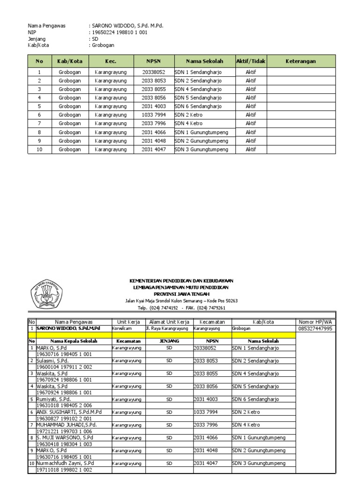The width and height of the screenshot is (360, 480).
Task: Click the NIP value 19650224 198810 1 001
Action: pyautogui.click(x=118, y=32)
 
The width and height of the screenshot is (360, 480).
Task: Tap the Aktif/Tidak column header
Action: pyautogui.click(x=251, y=61)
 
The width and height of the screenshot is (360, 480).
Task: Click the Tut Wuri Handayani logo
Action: pyautogui.click(x=47, y=294)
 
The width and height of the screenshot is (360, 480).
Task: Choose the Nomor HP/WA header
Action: pyautogui.click(x=315, y=322)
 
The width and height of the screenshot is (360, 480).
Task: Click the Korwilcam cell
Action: pyautogui.click(x=122, y=329)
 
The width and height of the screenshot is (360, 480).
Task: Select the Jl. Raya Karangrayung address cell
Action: pyautogui.click(x=168, y=329)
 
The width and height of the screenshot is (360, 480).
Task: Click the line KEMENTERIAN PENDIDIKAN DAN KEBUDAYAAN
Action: pyautogui.click(x=181, y=280)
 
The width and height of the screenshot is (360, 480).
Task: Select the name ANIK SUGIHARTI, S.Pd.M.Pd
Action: pyautogui.click(x=69, y=412)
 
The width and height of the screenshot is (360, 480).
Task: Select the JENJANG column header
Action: pyautogui.click(x=169, y=341)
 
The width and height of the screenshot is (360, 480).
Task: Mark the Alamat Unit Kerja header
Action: pyautogui.click(x=169, y=322)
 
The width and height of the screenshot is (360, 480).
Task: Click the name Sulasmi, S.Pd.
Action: pyautogui.click(x=52, y=361)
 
